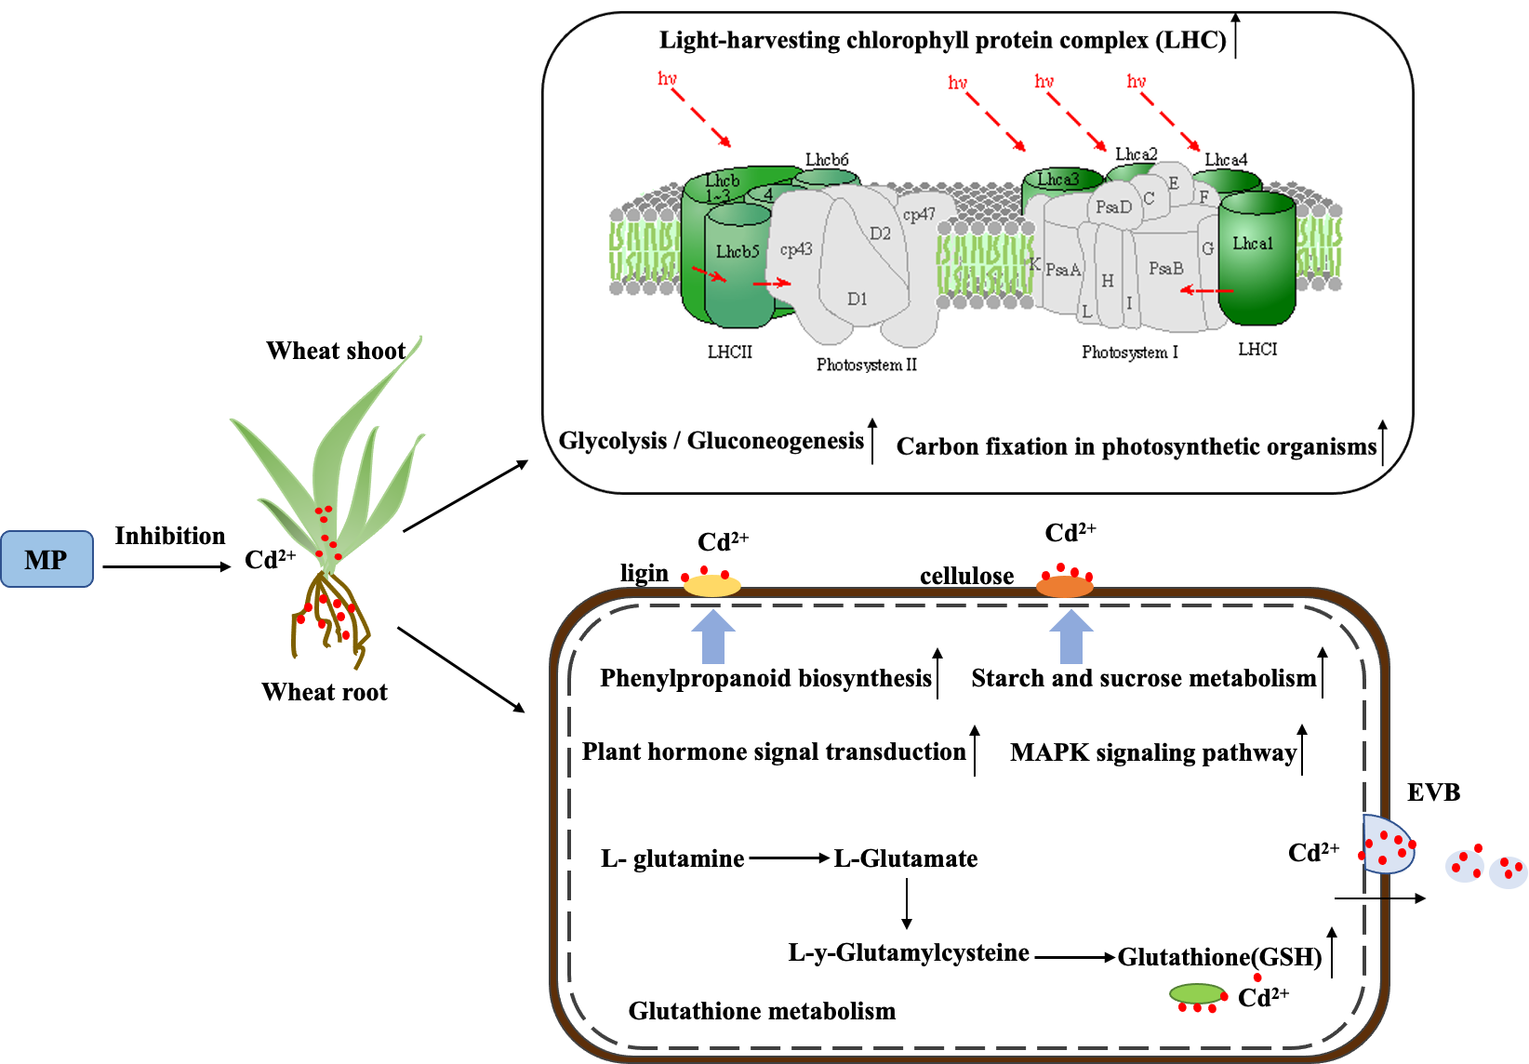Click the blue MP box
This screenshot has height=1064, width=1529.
[47, 559]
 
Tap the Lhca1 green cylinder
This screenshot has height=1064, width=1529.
[1256, 260]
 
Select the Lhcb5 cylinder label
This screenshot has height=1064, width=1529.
[738, 252]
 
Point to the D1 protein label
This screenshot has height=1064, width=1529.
[857, 299]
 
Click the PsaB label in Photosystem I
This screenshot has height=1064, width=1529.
[1165, 268]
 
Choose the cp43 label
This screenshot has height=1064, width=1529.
[796, 249]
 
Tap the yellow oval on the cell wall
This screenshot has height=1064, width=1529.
[712, 586]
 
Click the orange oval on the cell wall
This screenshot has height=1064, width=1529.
[1065, 587]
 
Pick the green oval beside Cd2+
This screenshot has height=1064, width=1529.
[1197, 994]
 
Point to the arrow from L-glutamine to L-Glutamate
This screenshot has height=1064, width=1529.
[789, 858]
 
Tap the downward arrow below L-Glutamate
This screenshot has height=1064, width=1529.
[906, 902]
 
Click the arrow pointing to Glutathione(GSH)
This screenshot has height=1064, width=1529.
[1074, 956]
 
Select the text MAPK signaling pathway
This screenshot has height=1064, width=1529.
[1153, 752]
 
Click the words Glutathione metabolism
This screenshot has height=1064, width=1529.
[762, 1011]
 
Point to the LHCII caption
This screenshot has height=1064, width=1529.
[729, 352]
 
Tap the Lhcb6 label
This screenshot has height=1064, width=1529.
[827, 160]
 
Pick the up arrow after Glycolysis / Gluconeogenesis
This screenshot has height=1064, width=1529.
[872, 440]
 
